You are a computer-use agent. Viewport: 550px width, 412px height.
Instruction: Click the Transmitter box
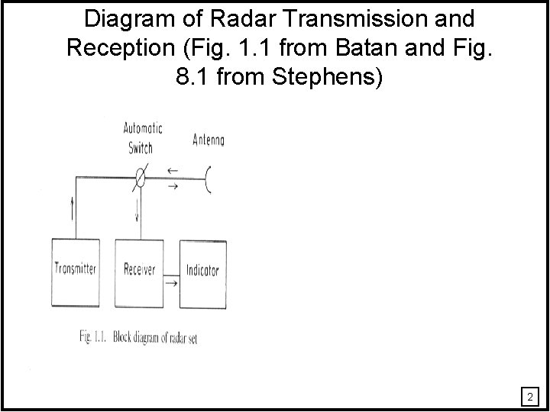point(76,270)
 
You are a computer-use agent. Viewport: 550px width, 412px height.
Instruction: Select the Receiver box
point(140,270)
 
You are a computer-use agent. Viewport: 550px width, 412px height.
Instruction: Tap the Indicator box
point(202,270)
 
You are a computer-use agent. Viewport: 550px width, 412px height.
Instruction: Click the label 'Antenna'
point(209,141)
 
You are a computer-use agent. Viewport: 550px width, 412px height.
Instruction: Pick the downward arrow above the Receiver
point(137,214)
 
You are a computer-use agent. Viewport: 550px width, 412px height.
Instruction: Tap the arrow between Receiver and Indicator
point(171,283)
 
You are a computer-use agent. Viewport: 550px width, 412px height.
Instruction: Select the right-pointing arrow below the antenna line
point(174,186)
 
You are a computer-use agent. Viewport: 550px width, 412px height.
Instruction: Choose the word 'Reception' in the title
point(121,47)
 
